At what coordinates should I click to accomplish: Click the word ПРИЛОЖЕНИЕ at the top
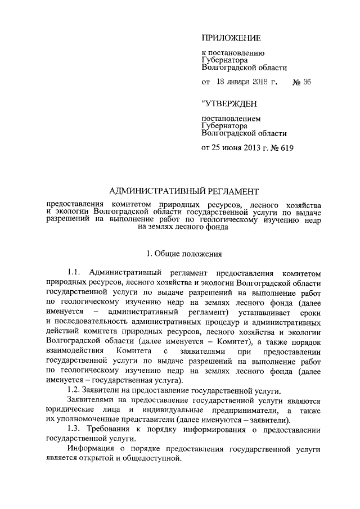click(x=231, y=38)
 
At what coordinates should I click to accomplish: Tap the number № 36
click(x=302, y=82)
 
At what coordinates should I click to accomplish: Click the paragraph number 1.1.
click(x=75, y=272)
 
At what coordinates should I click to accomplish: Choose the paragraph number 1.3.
click(x=74, y=429)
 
